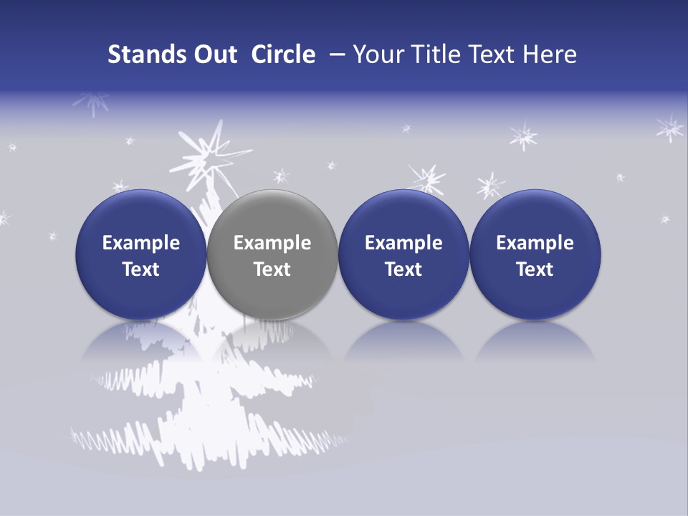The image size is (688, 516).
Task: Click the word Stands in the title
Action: (x=145, y=54)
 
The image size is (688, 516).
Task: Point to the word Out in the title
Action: (x=214, y=54)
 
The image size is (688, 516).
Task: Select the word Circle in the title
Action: (x=283, y=54)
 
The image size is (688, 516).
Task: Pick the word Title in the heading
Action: (x=433, y=54)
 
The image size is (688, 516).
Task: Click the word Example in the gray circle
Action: (x=272, y=243)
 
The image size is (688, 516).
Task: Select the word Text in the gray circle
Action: (x=272, y=269)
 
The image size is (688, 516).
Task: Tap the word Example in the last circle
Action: (x=535, y=243)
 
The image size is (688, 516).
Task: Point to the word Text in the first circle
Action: (x=140, y=269)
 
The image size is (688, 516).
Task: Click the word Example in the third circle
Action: (x=403, y=243)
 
